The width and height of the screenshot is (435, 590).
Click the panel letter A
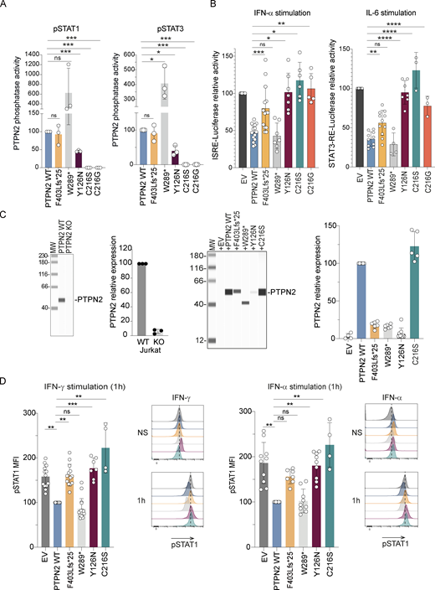coord(5,6)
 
